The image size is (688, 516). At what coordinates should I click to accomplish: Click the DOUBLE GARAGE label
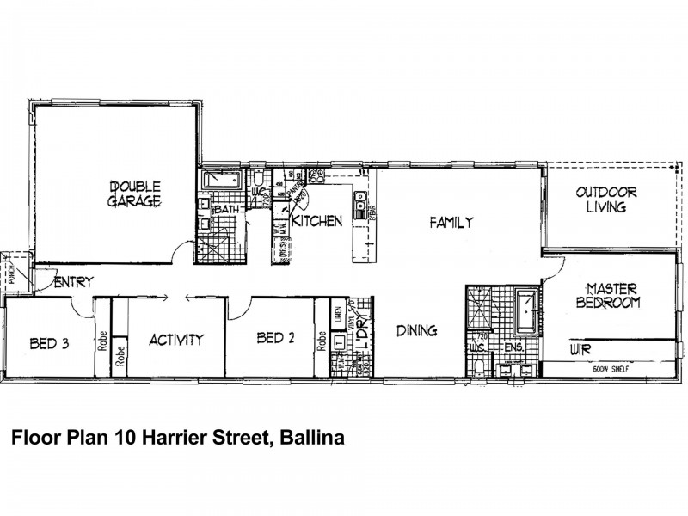[134, 193]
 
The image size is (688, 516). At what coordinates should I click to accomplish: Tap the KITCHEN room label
[317, 221]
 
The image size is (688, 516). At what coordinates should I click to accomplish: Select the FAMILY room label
[451, 223]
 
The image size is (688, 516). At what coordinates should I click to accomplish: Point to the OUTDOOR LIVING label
[606, 200]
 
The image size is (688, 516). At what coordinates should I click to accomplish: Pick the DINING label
[416, 330]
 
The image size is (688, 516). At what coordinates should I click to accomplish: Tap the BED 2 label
[276, 338]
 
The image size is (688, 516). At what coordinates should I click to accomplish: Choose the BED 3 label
[49, 344]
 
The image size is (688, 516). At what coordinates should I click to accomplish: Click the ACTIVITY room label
[175, 339]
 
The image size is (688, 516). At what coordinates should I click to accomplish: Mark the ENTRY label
[73, 282]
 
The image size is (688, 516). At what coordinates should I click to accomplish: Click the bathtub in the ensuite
[525, 314]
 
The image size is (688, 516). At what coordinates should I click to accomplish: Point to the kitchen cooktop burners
[316, 177]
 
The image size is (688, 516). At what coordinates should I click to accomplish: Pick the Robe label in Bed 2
[322, 341]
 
